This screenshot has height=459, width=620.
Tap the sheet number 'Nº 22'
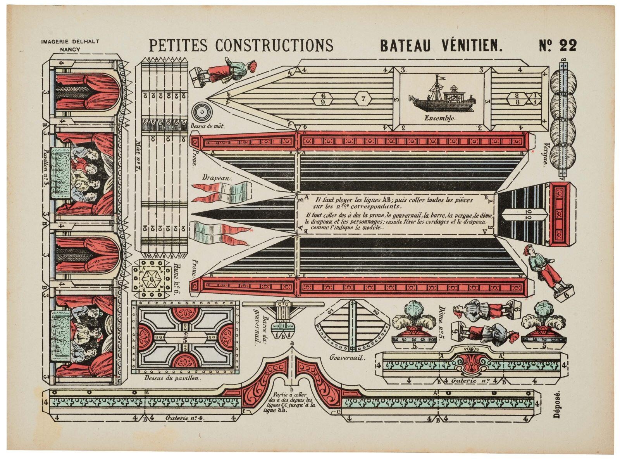click(x=558, y=45)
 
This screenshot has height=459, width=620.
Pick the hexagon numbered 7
click(x=363, y=99)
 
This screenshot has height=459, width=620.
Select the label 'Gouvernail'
click(x=347, y=358)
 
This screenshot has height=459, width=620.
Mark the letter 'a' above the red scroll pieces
click(x=292, y=343)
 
